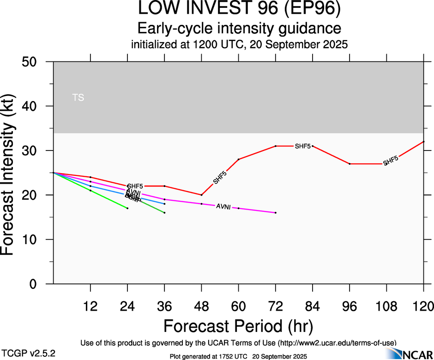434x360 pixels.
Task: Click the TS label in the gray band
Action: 78,98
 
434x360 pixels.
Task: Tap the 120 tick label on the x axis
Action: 423,306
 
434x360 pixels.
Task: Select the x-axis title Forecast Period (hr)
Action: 238,326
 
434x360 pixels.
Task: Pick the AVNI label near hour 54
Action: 223,207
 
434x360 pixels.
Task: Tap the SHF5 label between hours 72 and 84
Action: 303,146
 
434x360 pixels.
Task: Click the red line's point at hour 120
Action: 423,142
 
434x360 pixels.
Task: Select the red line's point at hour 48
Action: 202,195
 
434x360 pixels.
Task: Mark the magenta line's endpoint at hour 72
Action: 276,213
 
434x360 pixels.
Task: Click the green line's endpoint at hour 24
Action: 127,208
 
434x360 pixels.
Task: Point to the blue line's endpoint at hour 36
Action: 164,204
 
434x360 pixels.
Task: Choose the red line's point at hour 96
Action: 350,164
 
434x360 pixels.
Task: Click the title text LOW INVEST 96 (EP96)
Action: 239,10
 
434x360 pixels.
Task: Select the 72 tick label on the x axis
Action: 276,306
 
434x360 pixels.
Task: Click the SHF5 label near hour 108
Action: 391,161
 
